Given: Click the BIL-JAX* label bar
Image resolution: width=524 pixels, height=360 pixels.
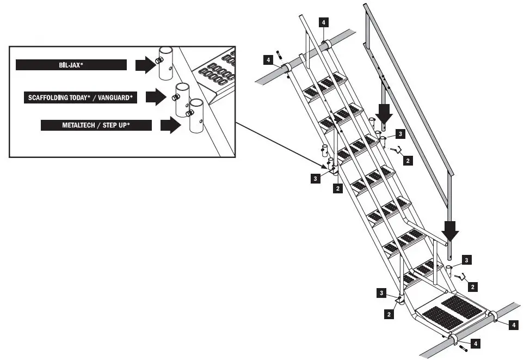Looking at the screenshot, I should click(x=71, y=65).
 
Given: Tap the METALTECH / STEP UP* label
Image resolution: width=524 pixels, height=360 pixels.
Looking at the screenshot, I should click(x=95, y=126).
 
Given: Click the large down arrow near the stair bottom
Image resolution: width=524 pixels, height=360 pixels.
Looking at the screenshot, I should click(x=450, y=233).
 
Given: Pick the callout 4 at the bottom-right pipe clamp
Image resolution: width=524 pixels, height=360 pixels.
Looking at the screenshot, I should click(x=513, y=325).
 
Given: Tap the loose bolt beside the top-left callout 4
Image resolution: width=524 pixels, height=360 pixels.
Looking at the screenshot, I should click(x=279, y=54).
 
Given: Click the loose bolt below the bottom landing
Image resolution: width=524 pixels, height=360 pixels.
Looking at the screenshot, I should click(x=463, y=348).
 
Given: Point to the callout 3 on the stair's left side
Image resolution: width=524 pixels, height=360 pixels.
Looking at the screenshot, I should click(x=316, y=178).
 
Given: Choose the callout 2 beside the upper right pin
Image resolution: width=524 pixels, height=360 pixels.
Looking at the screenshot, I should click(x=408, y=161).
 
